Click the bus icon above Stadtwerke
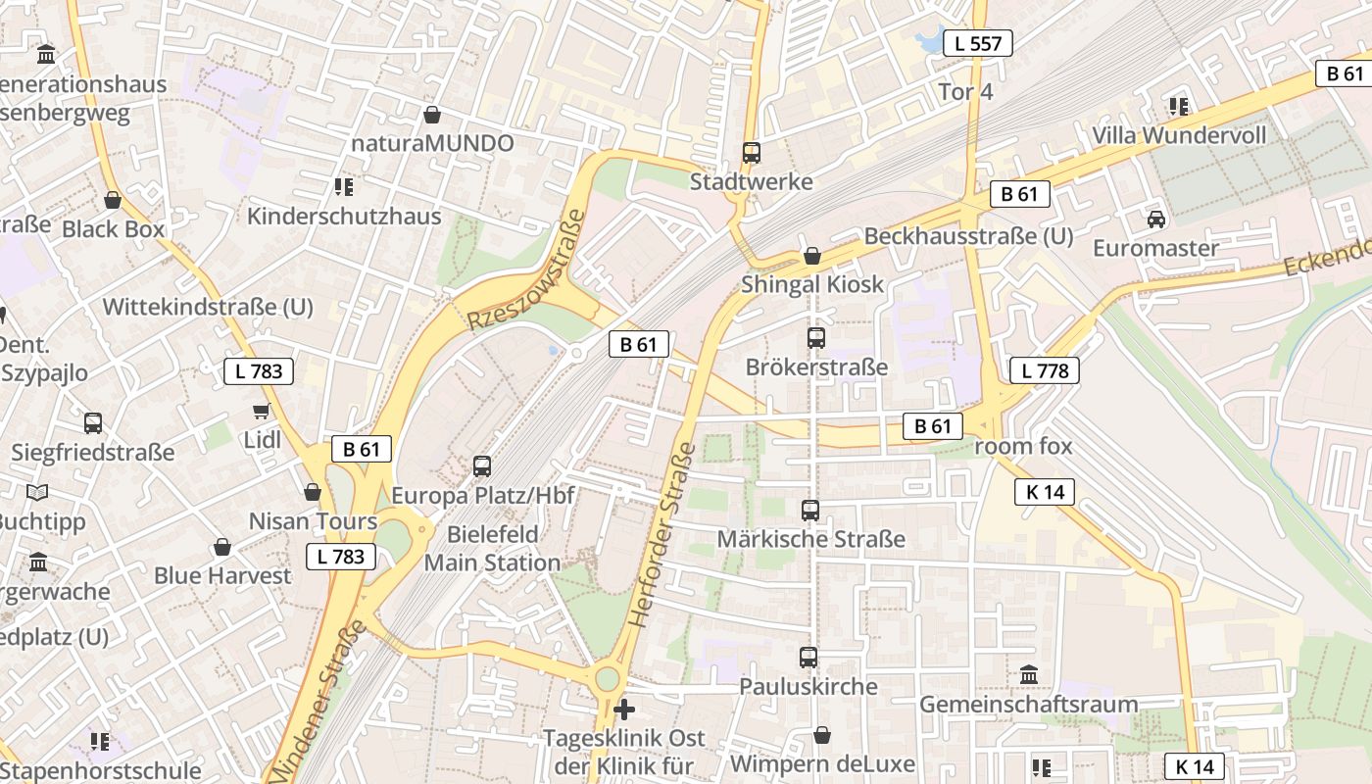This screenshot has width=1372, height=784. pyautogui.click(x=752, y=153)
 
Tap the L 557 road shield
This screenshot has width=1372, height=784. pyautogui.click(x=977, y=43)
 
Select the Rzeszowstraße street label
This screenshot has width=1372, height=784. pyautogui.click(x=526, y=269)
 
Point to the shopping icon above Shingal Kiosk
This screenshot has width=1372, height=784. pyautogui.click(x=812, y=256)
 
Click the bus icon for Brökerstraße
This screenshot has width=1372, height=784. pyautogui.click(x=816, y=338)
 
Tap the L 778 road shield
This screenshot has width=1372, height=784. pyautogui.click(x=1044, y=370)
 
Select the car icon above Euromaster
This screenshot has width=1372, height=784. pyautogui.click(x=1156, y=219)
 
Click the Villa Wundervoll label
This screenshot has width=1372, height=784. pyautogui.click(x=1179, y=135)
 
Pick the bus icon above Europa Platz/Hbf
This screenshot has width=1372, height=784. pyautogui.click(x=482, y=466)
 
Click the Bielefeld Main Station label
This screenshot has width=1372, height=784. pyautogui.click(x=493, y=549)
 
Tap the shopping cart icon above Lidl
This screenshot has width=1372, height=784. pyautogui.click(x=262, y=412)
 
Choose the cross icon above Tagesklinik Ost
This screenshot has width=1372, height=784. pyautogui.click(x=624, y=709)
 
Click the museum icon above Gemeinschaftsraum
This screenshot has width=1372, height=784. pyautogui.click(x=1029, y=675)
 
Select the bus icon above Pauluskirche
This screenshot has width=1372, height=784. pyautogui.click(x=808, y=658)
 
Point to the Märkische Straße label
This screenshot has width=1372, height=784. pyautogui.click(x=811, y=539)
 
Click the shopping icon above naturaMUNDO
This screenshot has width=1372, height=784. pyautogui.click(x=432, y=115)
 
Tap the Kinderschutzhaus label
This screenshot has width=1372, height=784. pyautogui.click(x=344, y=217)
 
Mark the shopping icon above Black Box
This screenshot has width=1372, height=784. pyautogui.click(x=114, y=200)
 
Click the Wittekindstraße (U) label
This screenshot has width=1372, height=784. pyautogui.click(x=208, y=307)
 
